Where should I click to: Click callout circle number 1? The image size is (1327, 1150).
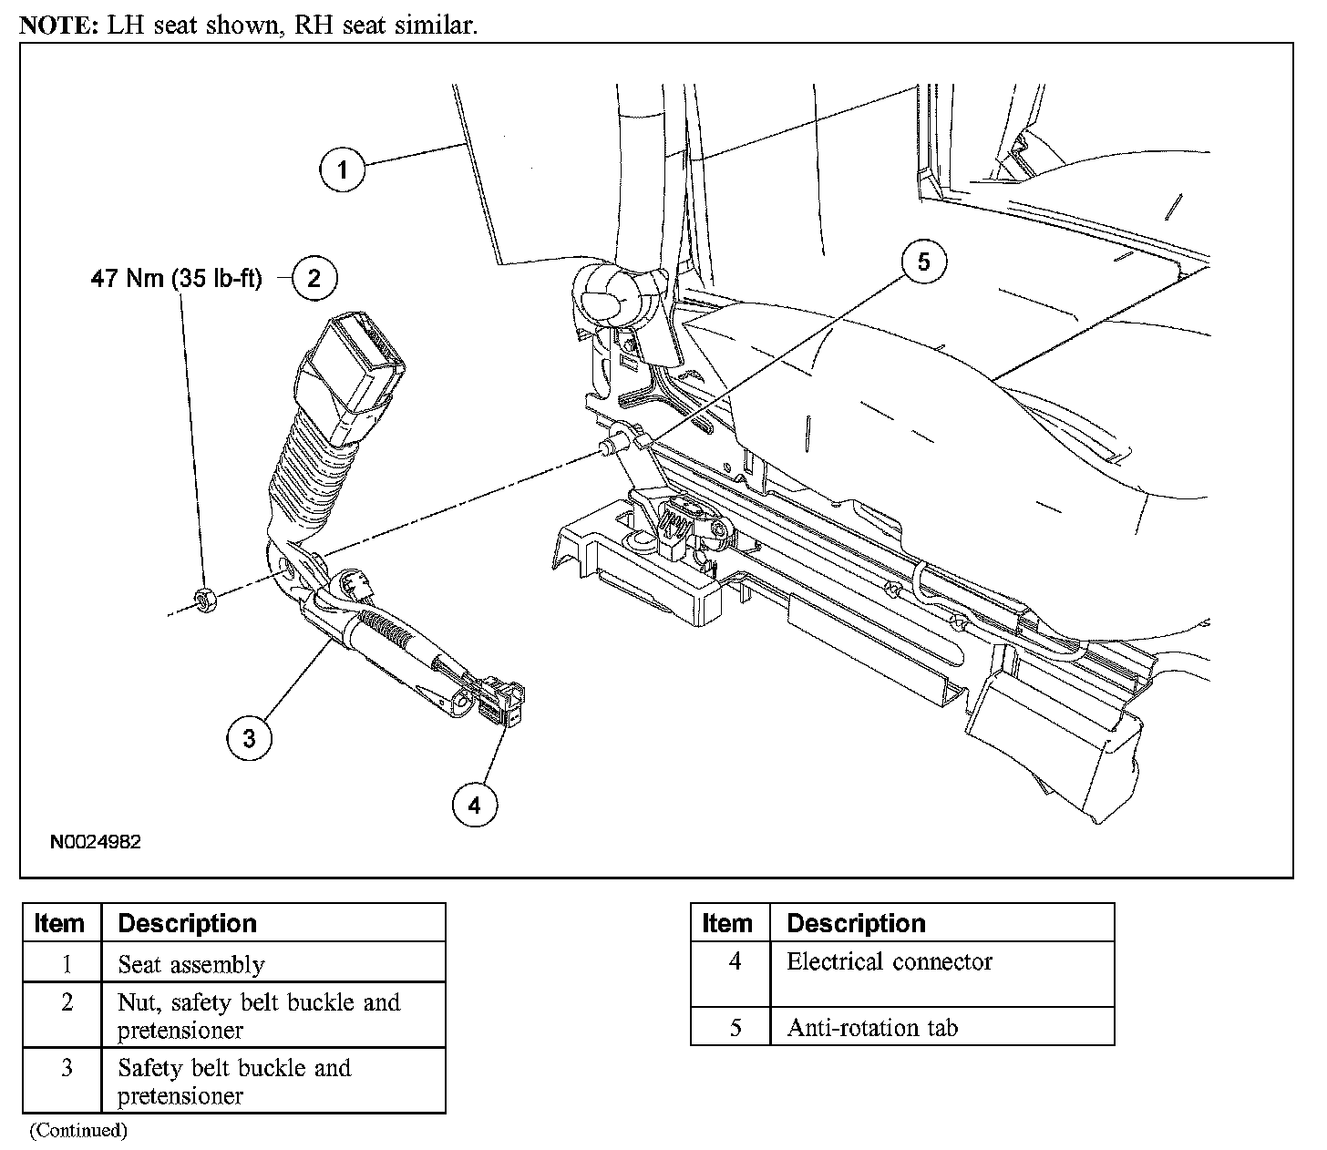pos(342,169)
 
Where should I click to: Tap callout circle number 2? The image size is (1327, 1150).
pos(314,277)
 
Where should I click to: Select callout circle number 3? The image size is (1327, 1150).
pos(249,737)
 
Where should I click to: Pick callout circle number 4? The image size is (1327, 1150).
pos(474,804)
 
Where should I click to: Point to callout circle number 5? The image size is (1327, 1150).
pos(924,262)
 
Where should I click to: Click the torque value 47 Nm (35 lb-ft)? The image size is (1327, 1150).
pos(176,278)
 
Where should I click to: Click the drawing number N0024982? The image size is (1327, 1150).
pos(96,842)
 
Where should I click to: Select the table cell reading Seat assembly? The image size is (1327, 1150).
pos(191,964)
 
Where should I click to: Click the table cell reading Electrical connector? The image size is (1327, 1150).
pos(889,961)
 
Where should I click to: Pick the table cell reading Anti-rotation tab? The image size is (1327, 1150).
pos(872,1028)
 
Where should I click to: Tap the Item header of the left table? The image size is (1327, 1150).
pos(59,923)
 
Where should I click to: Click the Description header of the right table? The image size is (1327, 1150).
pos(856,923)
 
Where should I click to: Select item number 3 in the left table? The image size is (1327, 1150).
pos(66,1067)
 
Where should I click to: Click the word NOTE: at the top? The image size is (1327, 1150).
pos(57,25)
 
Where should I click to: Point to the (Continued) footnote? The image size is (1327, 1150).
pos(78,1131)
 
